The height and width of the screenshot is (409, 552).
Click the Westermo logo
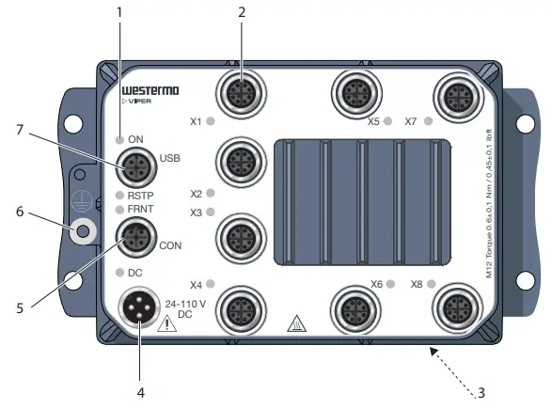(x=150, y=90)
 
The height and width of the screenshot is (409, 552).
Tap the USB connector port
(x=136, y=167)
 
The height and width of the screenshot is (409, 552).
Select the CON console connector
(x=136, y=238)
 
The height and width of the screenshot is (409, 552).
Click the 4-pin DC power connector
(x=138, y=307)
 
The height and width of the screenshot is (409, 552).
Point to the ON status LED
(x=119, y=140)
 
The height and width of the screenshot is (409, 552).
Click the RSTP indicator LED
(x=119, y=196)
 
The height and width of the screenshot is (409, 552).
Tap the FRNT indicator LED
(x=119, y=210)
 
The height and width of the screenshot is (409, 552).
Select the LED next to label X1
(x=210, y=121)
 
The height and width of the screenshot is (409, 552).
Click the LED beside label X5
(x=387, y=121)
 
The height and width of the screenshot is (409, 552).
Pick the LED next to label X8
(x=431, y=284)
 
